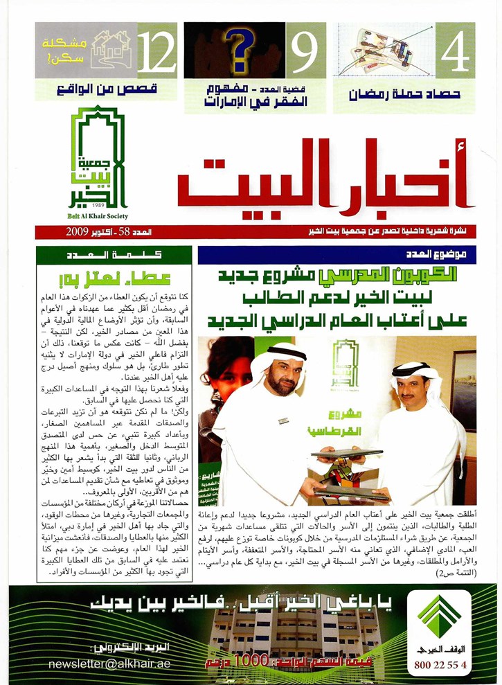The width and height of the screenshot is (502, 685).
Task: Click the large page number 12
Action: click(x=156, y=50)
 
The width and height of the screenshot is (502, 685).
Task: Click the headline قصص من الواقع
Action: click(x=107, y=89)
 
